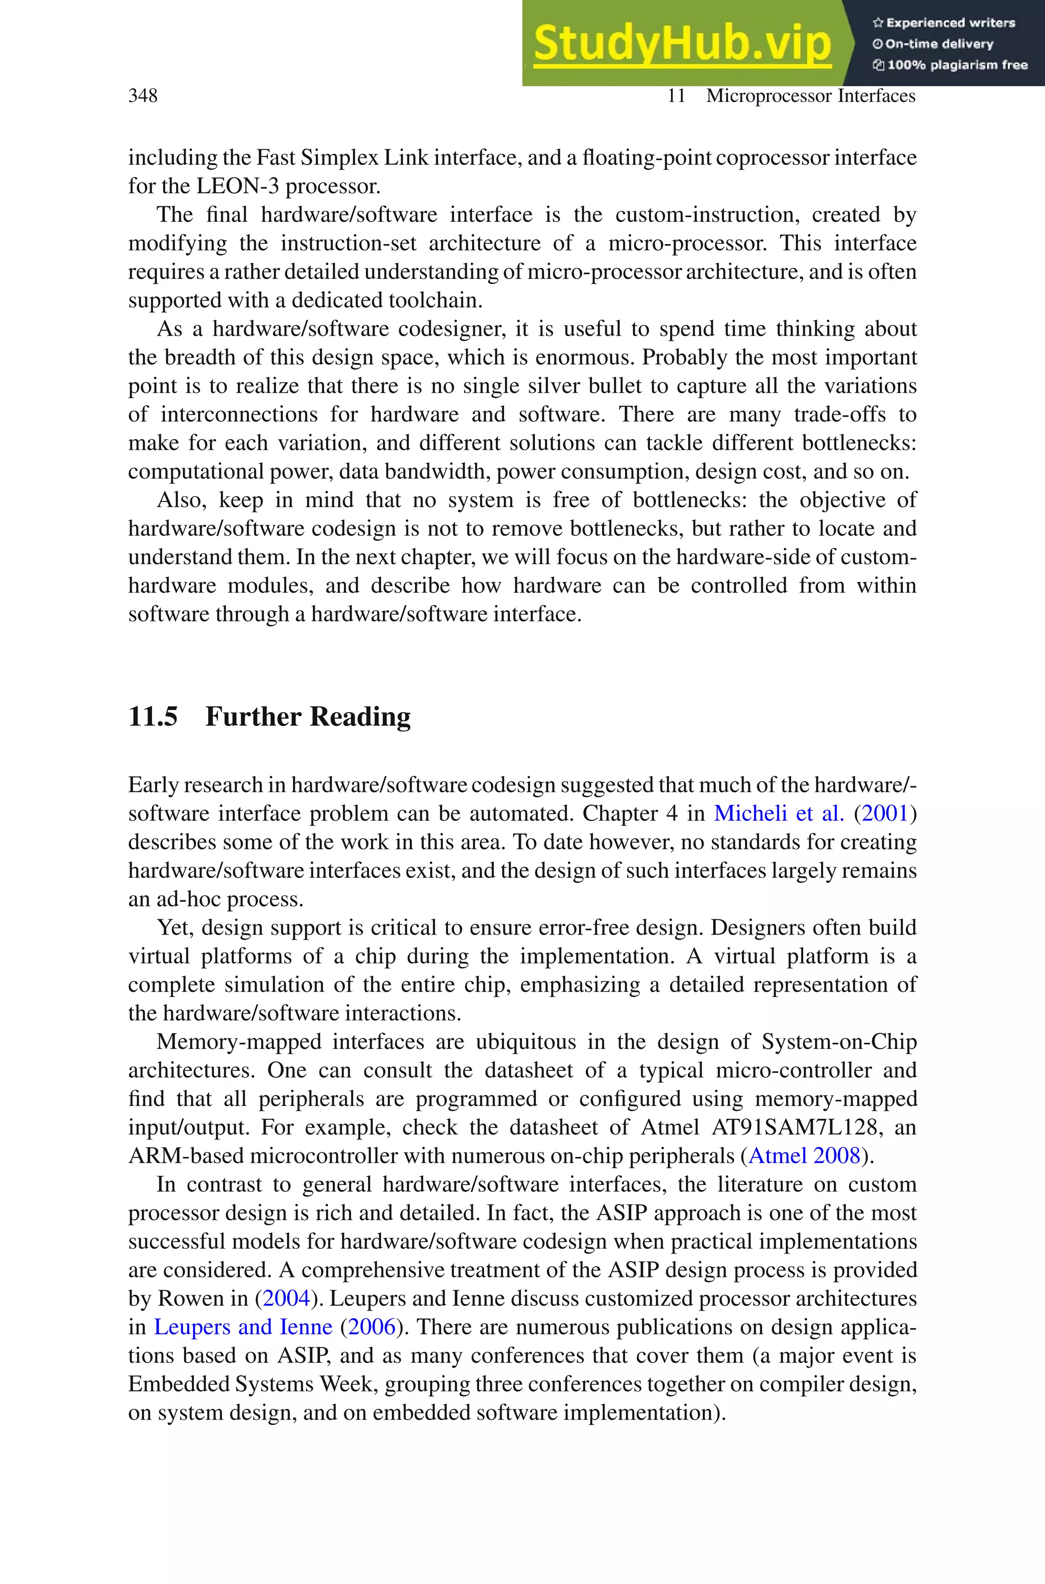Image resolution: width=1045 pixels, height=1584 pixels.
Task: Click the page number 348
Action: (x=143, y=96)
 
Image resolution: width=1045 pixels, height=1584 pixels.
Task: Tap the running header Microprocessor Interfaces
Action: (x=810, y=96)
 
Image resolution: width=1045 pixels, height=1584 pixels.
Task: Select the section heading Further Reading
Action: (x=307, y=717)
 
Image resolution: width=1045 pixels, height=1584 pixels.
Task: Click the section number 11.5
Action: (x=153, y=717)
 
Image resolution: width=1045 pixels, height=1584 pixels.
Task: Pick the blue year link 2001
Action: (x=886, y=813)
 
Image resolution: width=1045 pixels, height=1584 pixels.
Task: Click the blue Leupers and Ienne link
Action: (x=242, y=1327)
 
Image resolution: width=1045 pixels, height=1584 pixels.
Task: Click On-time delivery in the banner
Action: (x=938, y=44)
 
